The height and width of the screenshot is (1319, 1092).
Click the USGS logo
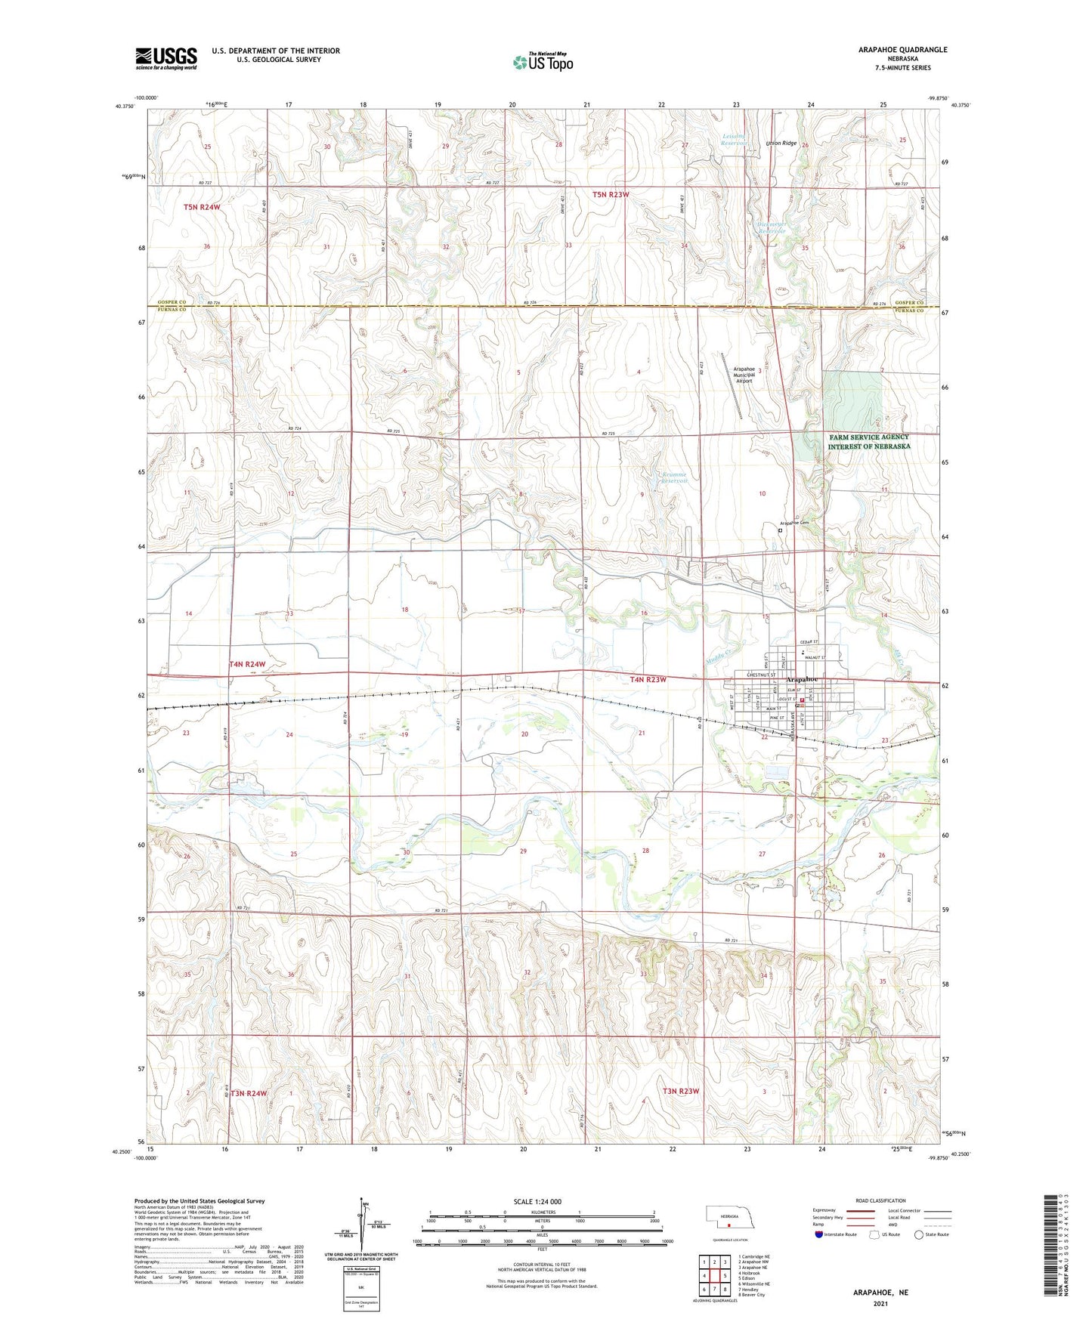pyautogui.click(x=166, y=57)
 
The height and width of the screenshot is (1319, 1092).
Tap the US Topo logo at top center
pyautogui.click(x=543, y=61)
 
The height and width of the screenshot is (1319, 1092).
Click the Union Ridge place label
pyautogui.click(x=781, y=144)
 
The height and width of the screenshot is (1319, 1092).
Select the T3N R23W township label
pyautogui.click(x=681, y=1091)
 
